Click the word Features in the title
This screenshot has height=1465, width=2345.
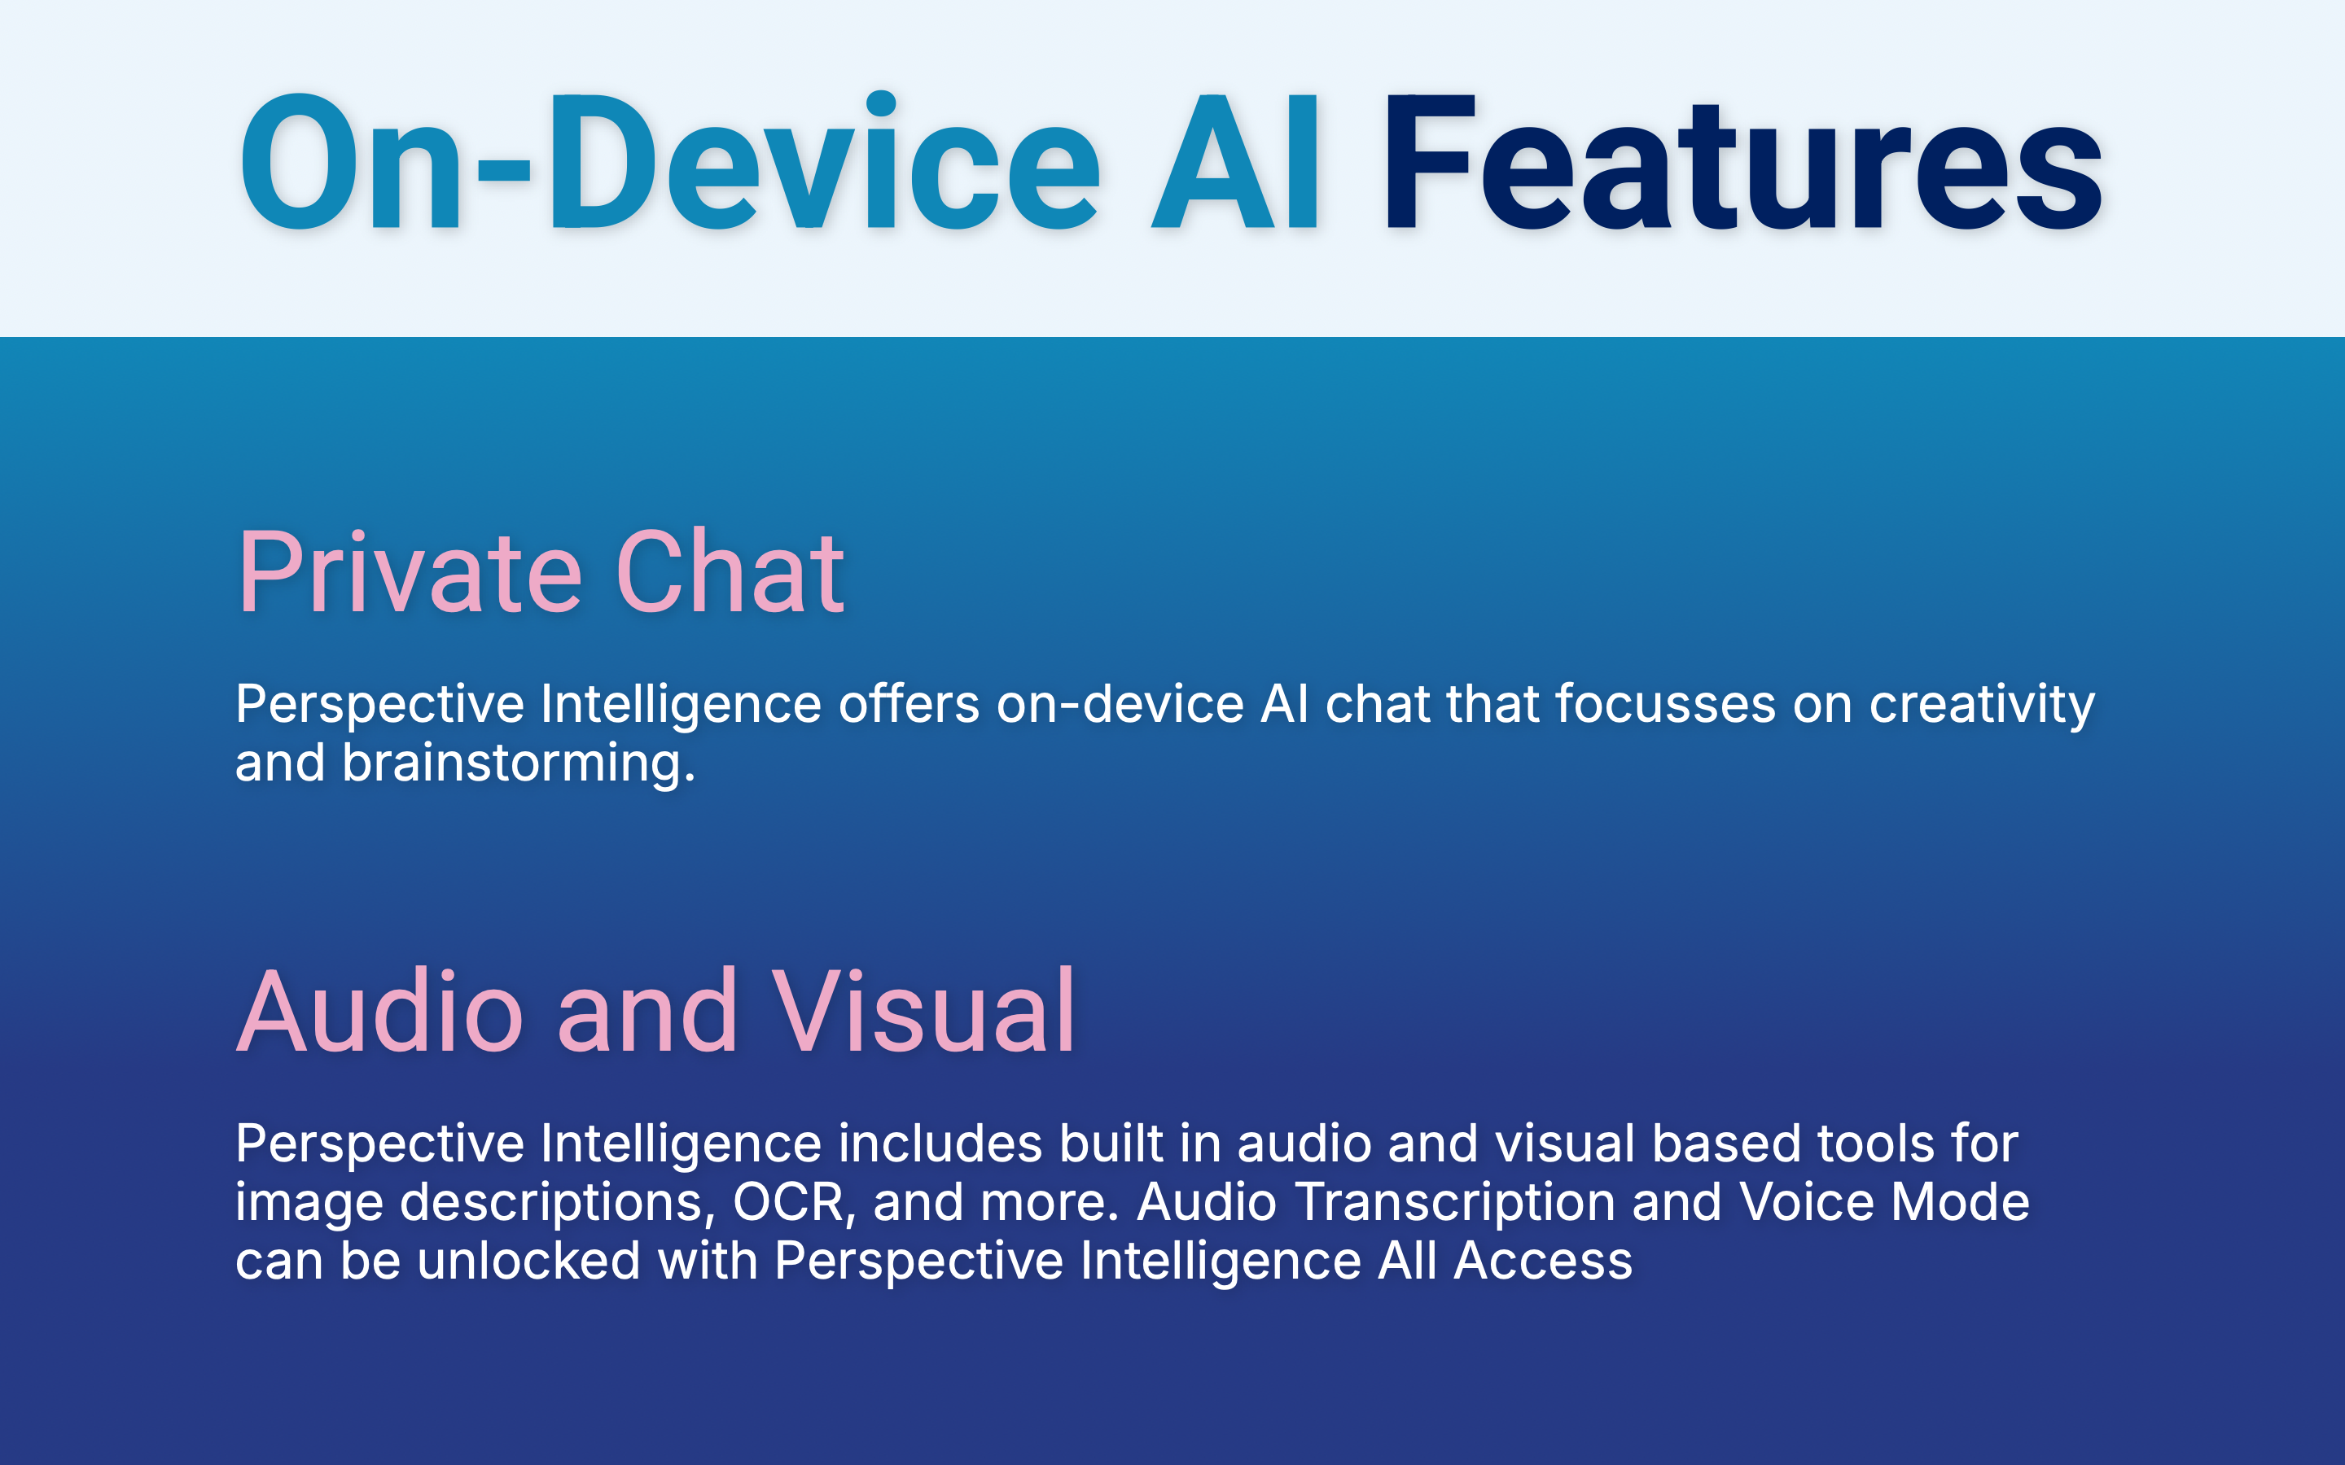[1742, 163]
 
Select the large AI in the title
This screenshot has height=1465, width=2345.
[1234, 163]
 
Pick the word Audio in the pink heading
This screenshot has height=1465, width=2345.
[380, 1011]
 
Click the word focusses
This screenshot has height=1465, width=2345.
[1666, 703]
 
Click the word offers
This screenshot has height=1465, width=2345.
[908, 703]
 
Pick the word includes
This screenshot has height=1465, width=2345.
[940, 1144]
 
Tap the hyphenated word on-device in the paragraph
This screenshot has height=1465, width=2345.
[1120, 703]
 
